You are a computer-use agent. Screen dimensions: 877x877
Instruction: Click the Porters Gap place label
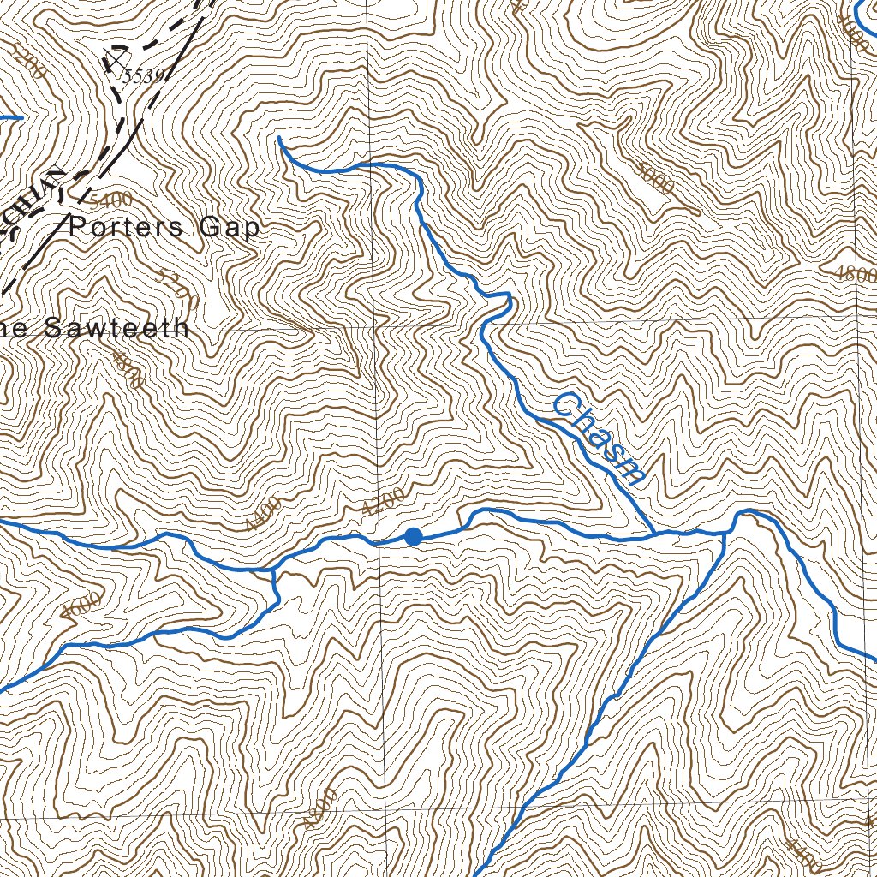pos(164,228)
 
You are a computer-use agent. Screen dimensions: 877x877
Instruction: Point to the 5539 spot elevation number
pos(142,76)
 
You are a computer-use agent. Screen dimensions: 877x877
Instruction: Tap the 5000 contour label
pos(655,176)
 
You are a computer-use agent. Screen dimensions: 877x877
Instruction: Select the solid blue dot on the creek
pos(414,537)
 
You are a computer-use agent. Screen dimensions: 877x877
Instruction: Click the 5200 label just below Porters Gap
pos(178,289)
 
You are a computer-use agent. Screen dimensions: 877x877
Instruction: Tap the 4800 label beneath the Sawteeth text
pos(128,370)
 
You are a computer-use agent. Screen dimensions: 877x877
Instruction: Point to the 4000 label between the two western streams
pos(81,606)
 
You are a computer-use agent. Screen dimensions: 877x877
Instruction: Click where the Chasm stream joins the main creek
pos(655,534)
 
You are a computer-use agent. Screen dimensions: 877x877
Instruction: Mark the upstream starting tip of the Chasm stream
pos(279,137)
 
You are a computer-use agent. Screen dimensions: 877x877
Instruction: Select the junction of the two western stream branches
pos(273,569)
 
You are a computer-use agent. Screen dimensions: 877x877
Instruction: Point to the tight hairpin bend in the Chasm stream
pos(508,298)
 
